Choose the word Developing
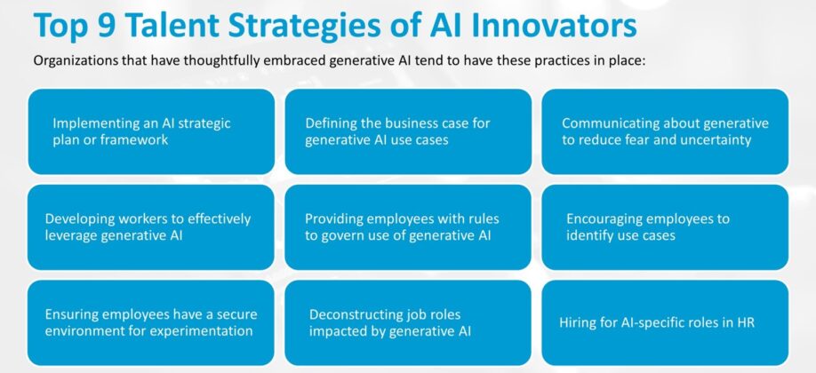click(87, 218)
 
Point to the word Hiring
click(579, 323)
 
